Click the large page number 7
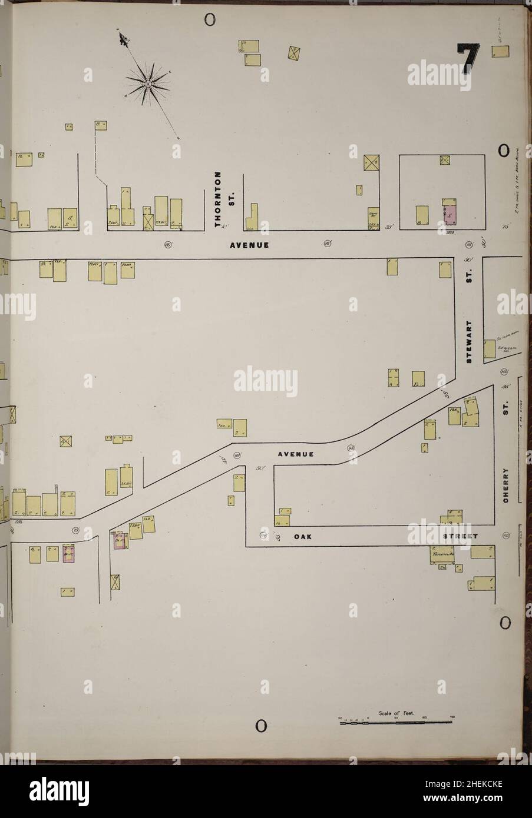468,61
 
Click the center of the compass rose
148,87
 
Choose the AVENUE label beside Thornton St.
249,245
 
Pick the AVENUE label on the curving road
296,454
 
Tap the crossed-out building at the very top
295,52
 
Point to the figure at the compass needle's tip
124,39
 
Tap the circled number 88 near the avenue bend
237,455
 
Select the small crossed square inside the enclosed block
444,159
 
